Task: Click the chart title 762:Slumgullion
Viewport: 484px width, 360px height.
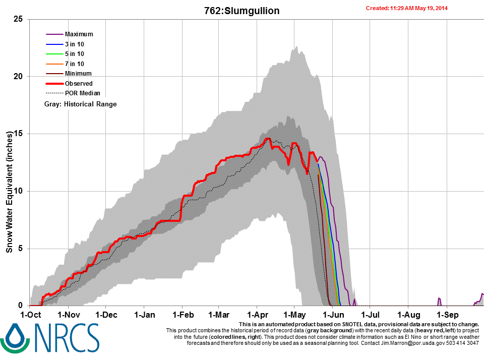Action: [x=241, y=11]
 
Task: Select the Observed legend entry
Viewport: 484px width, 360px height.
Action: [x=79, y=83]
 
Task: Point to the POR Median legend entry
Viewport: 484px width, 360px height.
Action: [x=82, y=93]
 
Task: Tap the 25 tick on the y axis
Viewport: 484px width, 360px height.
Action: [x=19, y=19]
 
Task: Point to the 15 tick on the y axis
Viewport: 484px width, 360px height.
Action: [x=19, y=134]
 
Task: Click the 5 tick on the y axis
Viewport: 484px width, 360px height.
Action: [x=21, y=249]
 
